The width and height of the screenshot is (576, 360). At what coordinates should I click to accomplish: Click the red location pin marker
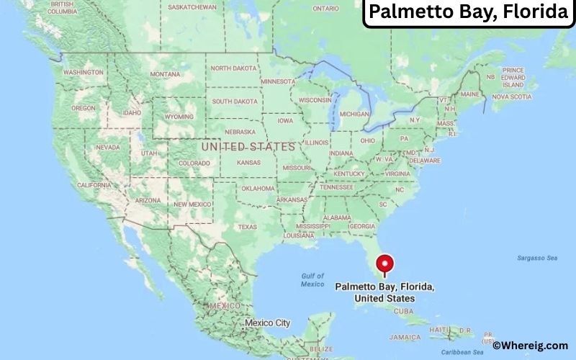click(385, 264)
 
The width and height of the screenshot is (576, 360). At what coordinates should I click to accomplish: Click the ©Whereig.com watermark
click(531, 346)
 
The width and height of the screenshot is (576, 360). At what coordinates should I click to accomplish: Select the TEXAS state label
click(247, 227)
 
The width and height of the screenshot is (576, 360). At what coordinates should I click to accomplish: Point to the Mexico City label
click(267, 323)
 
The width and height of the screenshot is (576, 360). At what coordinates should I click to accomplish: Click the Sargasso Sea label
click(537, 258)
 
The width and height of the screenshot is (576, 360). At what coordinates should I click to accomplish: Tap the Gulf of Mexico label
click(312, 279)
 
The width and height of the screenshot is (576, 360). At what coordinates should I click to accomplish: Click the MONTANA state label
click(165, 74)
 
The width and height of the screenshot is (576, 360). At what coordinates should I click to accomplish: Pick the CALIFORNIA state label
click(94, 185)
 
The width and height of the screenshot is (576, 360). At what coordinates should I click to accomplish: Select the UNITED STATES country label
click(248, 146)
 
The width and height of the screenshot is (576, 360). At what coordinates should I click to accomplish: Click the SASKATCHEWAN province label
click(192, 7)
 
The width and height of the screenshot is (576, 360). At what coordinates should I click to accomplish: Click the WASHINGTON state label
click(83, 72)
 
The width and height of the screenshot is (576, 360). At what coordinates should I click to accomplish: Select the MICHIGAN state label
click(354, 114)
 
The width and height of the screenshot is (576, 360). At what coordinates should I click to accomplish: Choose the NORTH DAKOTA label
click(233, 68)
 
